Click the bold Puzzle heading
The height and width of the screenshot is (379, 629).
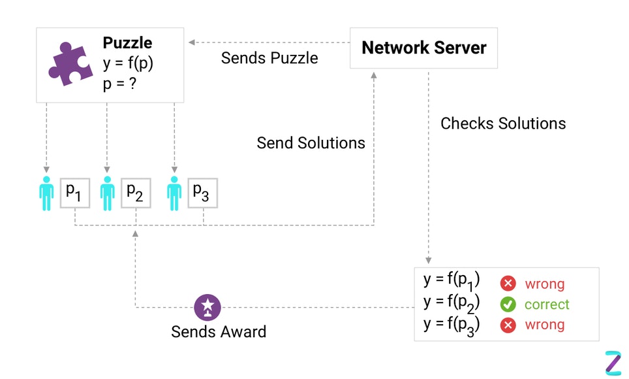click(127, 43)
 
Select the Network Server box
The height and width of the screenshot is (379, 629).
click(423, 48)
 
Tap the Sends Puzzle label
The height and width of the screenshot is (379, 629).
click(269, 58)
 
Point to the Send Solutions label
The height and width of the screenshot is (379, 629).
click(311, 142)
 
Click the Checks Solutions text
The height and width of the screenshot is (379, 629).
click(503, 123)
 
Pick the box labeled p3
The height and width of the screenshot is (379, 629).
click(202, 192)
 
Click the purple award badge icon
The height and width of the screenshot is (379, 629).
click(207, 306)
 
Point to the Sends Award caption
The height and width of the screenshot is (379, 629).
click(219, 331)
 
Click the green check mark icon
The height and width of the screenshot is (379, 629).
click(508, 305)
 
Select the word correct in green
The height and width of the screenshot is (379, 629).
click(547, 305)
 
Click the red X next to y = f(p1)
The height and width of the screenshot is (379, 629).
click(508, 284)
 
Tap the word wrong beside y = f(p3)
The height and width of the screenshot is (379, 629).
click(544, 325)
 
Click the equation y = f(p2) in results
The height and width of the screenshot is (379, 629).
click(452, 303)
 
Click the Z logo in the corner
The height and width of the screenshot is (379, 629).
click(613, 363)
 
